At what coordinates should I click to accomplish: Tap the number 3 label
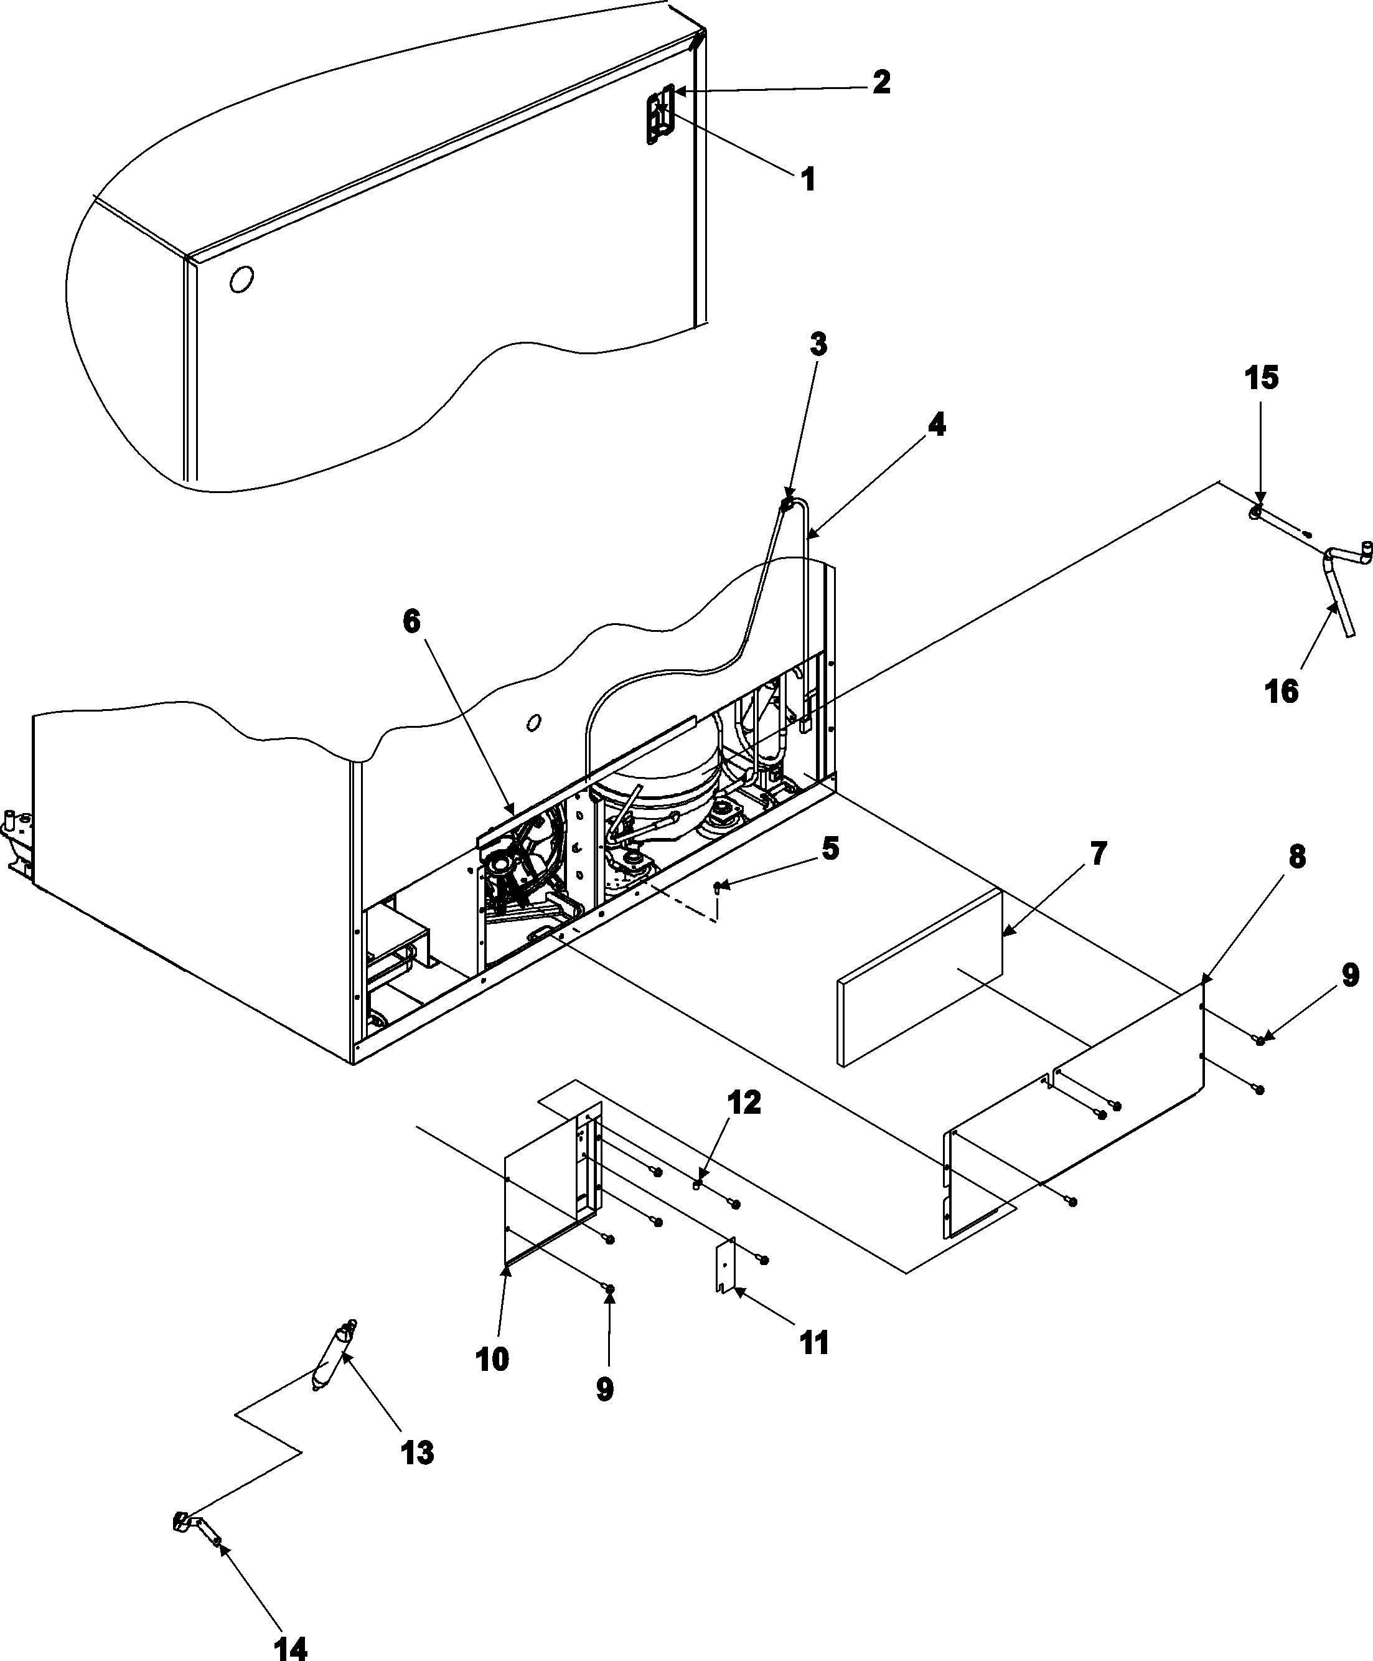coord(818,344)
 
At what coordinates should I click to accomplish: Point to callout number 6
coord(411,622)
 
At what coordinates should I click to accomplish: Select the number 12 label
coord(743,1103)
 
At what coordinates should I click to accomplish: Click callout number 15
coord(1262,378)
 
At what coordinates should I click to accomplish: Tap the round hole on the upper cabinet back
coord(242,279)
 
